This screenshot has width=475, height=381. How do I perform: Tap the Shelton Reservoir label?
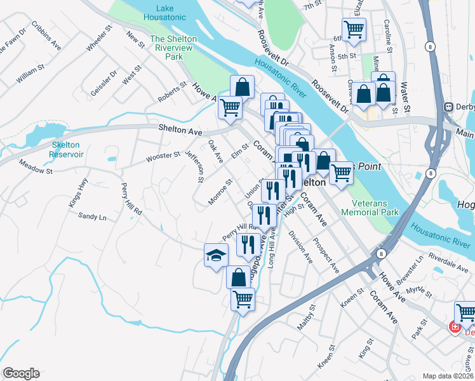(x=67, y=149)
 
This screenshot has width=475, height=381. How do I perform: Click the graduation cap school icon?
(x=216, y=255)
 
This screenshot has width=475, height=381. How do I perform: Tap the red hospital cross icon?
(x=455, y=328)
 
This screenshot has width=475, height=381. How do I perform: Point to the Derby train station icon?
(x=450, y=107)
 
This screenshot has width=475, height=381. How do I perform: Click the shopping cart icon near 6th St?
(x=354, y=29)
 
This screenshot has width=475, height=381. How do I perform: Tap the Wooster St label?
(x=163, y=156)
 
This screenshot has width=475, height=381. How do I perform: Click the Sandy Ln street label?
(x=92, y=216)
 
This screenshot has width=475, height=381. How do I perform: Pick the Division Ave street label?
(x=300, y=248)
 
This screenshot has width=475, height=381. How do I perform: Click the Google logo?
(x=21, y=373)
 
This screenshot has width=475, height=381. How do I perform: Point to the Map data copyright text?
(x=448, y=376)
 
